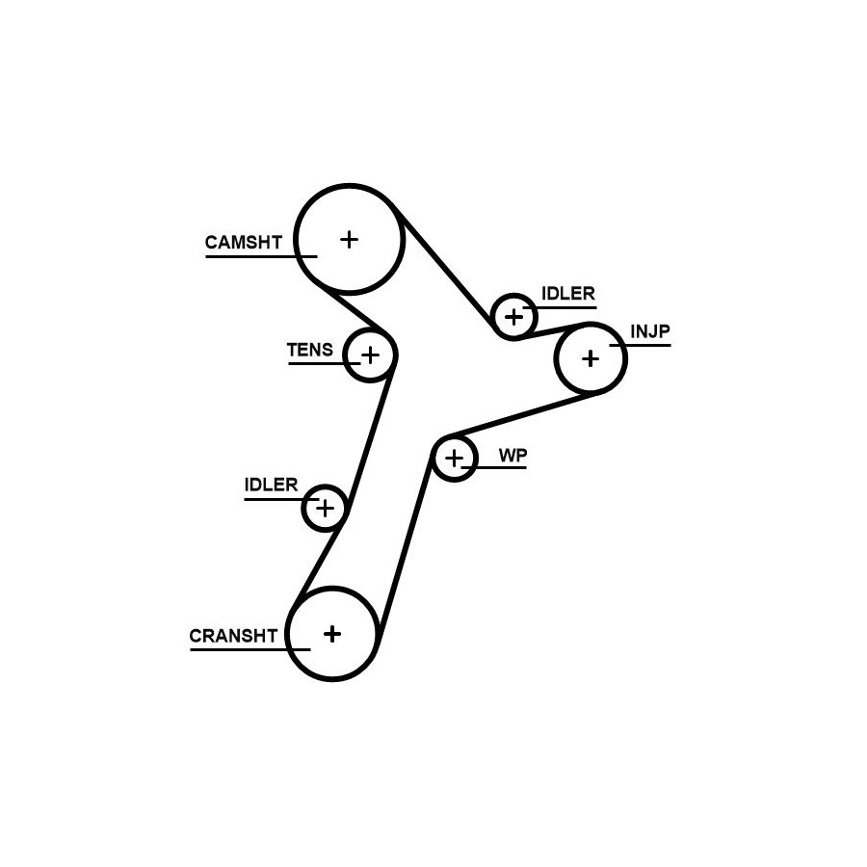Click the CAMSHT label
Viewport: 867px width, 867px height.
pos(243,243)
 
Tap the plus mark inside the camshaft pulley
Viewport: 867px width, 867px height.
pos(349,239)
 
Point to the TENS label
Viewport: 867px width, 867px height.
pos(309,350)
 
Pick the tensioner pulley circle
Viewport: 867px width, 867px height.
pos(371,355)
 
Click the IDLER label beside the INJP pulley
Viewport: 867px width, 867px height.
pos(567,294)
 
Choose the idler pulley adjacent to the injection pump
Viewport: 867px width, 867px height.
pos(513,316)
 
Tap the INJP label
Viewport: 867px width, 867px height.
pos(649,332)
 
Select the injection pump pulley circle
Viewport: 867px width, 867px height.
pos(591,358)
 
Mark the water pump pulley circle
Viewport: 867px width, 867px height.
pos(454,458)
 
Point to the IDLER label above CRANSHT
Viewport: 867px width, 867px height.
pos(271,486)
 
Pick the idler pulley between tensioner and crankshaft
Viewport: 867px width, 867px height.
pos(325,508)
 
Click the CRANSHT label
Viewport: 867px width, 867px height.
pos(233,636)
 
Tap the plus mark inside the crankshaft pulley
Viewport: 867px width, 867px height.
pos(332,633)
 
